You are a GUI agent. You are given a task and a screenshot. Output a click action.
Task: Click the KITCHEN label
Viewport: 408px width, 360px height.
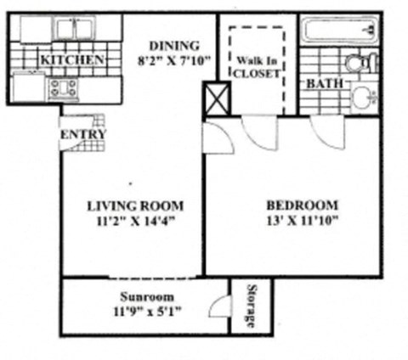(x=72, y=60)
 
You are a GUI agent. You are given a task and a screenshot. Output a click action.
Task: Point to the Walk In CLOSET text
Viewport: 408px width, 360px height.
(x=257, y=67)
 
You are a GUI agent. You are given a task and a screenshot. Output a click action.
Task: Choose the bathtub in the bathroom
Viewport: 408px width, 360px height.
(x=339, y=32)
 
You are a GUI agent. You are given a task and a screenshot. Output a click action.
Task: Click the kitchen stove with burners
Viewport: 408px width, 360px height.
(x=64, y=87)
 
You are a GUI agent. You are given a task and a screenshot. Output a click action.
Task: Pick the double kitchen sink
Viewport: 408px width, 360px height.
(x=72, y=28)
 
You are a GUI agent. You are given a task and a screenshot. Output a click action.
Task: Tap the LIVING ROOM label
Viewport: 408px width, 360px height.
(x=135, y=205)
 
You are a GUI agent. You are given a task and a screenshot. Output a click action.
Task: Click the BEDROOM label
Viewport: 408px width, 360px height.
(x=302, y=205)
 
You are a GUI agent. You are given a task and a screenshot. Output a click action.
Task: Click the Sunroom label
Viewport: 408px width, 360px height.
(x=146, y=297)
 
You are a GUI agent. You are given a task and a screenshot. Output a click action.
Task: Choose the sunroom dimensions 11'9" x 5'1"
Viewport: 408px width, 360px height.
(x=146, y=312)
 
